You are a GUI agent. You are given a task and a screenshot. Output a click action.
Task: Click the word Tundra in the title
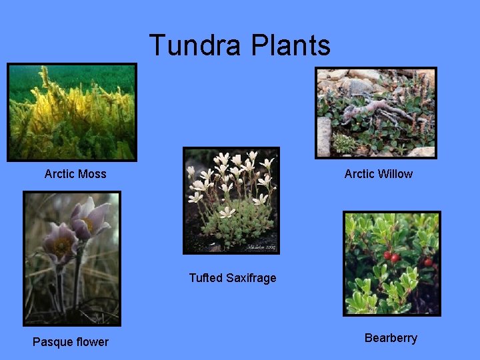tap(195, 45)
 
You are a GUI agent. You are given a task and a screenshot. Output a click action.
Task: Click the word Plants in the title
tap(291, 45)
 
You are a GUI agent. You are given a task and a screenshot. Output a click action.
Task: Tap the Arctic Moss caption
tap(75, 174)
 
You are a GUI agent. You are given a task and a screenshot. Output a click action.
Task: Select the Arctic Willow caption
tap(378, 174)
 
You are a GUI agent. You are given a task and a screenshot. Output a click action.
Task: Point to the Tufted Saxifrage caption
tap(232, 278)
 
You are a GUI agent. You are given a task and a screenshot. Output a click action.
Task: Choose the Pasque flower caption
tap(71, 342)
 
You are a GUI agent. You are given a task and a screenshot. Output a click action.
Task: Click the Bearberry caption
tap(391, 338)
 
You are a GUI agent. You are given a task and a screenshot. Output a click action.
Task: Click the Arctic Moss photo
tap(72, 112)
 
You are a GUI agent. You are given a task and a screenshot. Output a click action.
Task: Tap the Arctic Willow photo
tap(376, 113)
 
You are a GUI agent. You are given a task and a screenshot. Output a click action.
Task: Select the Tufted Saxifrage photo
tap(231, 200)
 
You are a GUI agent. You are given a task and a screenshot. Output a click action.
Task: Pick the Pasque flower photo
tap(72, 258)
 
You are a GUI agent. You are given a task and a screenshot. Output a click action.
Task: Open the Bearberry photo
tap(391, 263)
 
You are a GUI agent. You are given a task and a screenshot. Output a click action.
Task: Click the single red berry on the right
tap(428, 262)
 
